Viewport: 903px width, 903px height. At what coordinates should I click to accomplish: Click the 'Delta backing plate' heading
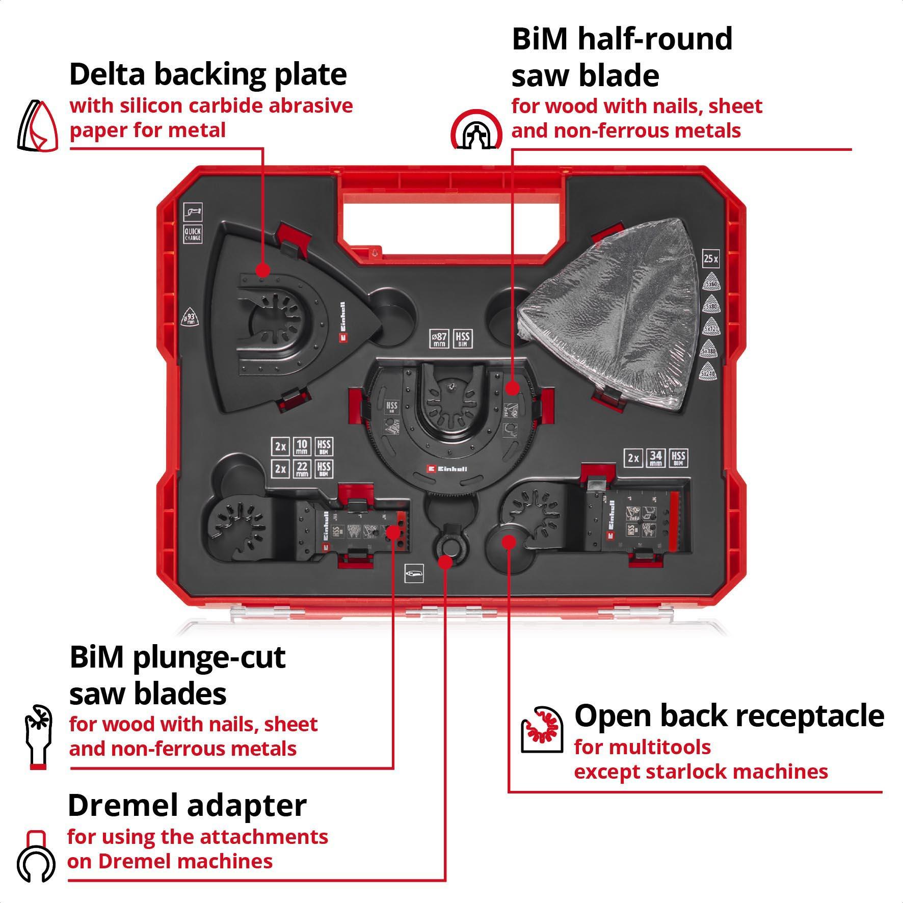(208, 74)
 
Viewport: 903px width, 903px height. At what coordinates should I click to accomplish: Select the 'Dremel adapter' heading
(187, 806)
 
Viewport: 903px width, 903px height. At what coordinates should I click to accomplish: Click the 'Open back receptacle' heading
(729, 715)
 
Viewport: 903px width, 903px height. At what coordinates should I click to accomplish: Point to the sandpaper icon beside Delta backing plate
(38, 125)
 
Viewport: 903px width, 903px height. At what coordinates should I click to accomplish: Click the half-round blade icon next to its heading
(475, 129)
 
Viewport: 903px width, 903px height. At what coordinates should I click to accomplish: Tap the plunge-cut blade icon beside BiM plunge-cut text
(39, 736)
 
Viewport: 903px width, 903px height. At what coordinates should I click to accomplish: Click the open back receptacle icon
(542, 729)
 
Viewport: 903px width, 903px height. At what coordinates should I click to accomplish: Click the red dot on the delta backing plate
(262, 270)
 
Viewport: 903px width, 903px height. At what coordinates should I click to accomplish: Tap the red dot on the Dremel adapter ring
(445, 562)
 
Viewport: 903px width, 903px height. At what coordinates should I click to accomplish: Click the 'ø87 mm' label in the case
(439, 338)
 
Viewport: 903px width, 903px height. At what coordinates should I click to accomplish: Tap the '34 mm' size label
(656, 458)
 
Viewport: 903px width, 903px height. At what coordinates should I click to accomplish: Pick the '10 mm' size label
(302, 446)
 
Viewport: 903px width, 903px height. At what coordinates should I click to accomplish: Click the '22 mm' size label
(302, 468)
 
